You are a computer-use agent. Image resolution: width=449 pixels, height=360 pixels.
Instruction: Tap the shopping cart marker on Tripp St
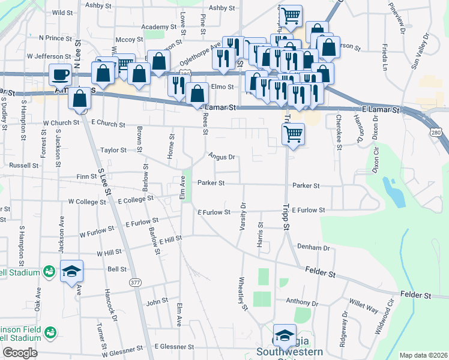click(x=293, y=134)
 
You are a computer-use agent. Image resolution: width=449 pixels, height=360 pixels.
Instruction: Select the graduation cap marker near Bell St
click(x=71, y=271)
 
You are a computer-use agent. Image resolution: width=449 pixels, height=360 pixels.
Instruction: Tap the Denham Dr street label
click(x=313, y=247)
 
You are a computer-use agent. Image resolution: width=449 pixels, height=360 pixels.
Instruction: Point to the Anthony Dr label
click(x=301, y=301)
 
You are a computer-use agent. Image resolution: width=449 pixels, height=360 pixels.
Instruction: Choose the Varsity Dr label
click(x=243, y=213)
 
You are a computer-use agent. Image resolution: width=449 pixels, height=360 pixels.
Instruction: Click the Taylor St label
click(x=113, y=150)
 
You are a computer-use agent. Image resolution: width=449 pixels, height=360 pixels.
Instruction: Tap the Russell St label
click(x=23, y=164)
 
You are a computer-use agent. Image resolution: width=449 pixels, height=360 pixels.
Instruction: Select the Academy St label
click(x=158, y=27)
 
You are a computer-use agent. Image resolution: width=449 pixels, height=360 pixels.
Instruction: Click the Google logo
click(x=20, y=353)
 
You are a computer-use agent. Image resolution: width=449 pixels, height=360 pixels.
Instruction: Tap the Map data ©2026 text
click(x=423, y=355)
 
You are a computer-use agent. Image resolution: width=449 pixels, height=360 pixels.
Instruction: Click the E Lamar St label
click(x=381, y=110)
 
